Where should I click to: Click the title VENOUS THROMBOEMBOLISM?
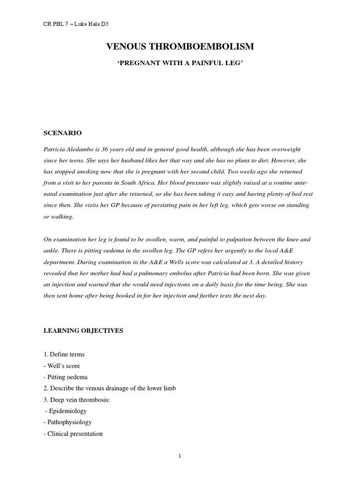pyautogui.click(x=180, y=46)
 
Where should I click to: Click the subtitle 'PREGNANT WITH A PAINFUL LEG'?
pyautogui.click(x=180, y=63)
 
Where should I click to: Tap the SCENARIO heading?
pyautogui.click(x=60, y=133)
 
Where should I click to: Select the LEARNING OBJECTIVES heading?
pyautogui.click(x=83, y=330)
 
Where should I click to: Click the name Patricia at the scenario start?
pyautogui.click(x=56, y=149)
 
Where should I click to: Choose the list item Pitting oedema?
pyautogui.click(x=67, y=377)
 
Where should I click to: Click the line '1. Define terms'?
pyautogui.click(x=64, y=355)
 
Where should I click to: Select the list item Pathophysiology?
pyautogui.click(x=69, y=422)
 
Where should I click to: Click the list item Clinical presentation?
pyautogui.click(x=75, y=434)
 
